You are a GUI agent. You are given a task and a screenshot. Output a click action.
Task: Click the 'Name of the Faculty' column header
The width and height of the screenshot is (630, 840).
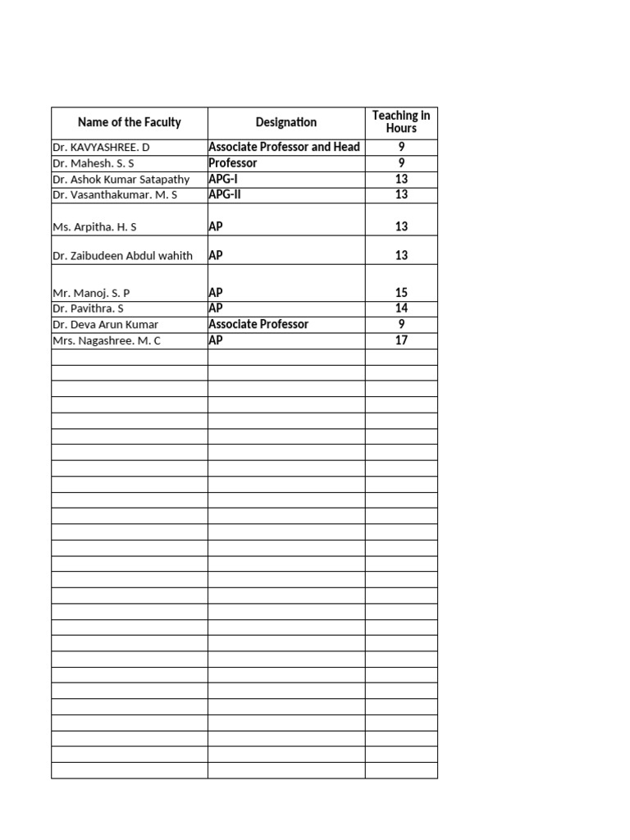pyautogui.click(x=129, y=123)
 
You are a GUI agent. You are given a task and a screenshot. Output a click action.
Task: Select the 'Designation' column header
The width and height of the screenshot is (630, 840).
pyautogui.click(x=285, y=123)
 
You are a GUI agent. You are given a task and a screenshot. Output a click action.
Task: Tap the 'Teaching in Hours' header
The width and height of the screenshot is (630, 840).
pyautogui.click(x=401, y=122)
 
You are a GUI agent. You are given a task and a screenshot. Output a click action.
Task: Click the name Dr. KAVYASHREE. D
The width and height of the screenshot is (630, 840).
pyautogui.click(x=102, y=148)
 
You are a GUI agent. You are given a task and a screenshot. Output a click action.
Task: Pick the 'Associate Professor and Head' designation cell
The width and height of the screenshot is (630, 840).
pyautogui.click(x=284, y=148)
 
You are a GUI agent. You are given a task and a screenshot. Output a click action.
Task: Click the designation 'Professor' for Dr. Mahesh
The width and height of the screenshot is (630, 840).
pyautogui.click(x=233, y=163)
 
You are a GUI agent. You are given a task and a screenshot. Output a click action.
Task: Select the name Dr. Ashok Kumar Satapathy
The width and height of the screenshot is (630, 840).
pyautogui.click(x=121, y=180)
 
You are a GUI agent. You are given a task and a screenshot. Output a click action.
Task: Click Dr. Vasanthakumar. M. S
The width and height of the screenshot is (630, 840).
pyautogui.click(x=115, y=195)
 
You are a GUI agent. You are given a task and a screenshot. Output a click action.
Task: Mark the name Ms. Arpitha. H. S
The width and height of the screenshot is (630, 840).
pyautogui.click(x=95, y=227)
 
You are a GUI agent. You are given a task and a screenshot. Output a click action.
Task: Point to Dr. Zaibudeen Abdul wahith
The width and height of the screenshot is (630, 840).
pyautogui.click(x=122, y=256)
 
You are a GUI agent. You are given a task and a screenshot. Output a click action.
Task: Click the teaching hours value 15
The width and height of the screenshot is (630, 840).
pyautogui.click(x=401, y=293)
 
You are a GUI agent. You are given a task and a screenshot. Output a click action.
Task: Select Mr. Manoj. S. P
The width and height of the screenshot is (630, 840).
pyautogui.click(x=91, y=293)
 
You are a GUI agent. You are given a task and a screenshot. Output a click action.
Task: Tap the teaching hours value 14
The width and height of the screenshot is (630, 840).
pyautogui.click(x=401, y=308)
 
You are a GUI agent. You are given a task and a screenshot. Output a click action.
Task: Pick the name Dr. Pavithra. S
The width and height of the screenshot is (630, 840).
pyautogui.click(x=89, y=308)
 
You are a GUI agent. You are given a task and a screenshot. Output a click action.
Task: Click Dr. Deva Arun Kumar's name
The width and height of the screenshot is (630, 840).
pyautogui.click(x=105, y=325)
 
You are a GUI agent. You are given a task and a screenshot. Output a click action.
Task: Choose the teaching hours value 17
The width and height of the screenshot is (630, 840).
pyautogui.click(x=401, y=340)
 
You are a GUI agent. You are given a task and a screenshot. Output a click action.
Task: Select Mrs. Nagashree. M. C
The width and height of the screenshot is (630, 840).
pyautogui.click(x=107, y=341)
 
